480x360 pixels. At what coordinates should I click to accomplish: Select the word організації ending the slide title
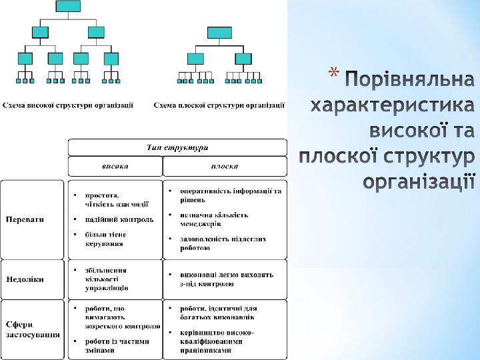click(x=419, y=180)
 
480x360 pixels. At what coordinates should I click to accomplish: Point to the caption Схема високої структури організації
click(x=69, y=105)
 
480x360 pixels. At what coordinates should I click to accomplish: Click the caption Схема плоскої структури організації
click(x=219, y=105)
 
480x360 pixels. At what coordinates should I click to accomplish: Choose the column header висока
click(x=115, y=165)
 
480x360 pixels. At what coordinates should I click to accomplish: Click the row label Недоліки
click(x=25, y=279)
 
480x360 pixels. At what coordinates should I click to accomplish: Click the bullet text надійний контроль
click(x=119, y=219)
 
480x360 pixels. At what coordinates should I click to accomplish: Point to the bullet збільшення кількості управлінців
click(x=106, y=279)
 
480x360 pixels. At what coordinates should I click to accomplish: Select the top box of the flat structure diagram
click(x=219, y=33)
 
